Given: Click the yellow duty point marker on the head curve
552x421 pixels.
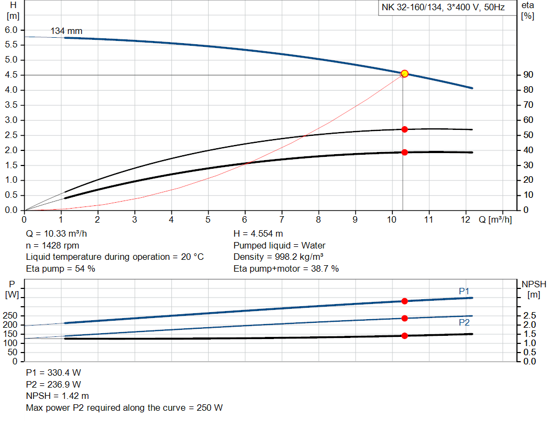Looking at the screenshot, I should pyautogui.click(x=404, y=73).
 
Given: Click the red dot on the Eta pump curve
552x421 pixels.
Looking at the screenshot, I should pyautogui.click(x=404, y=129).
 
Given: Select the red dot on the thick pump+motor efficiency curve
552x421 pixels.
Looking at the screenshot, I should pyautogui.click(x=404, y=152).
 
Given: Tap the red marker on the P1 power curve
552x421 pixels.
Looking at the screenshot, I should pyautogui.click(x=404, y=301).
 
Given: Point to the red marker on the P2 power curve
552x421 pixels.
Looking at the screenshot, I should pyautogui.click(x=404, y=318).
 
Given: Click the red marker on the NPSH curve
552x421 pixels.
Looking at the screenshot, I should pyautogui.click(x=404, y=336).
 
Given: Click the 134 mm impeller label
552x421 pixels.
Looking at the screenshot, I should pyautogui.click(x=66, y=31).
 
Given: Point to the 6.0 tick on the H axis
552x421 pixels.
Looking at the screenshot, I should pyautogui.click(x=11, y=30).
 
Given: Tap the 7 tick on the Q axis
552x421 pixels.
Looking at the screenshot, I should pyautogui.click(x=281, y=219).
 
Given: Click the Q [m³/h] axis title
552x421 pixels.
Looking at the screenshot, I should pyautogui.click(x=495, y=219).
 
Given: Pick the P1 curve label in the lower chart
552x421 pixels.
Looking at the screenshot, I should pyautogui.click(x=464, y=291).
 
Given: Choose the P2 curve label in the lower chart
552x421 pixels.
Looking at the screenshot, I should pyautogui.click(x=464, y=323).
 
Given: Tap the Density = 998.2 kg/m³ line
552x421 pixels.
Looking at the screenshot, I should pyautogui.click(x=278, y=257).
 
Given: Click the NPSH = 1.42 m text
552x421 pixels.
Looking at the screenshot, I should pyautogui.click(x=57, y=396).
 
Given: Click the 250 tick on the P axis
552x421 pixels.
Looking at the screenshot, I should pyautogui.click(x=11, y=315).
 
